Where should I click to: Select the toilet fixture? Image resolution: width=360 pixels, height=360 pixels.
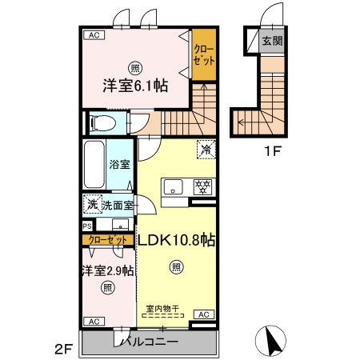click(x=102, y=122)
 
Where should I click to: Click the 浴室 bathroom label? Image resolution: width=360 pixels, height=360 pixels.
click(x=120, y=167)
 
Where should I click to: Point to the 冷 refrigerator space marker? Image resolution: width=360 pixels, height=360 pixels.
click(x=204, y=148)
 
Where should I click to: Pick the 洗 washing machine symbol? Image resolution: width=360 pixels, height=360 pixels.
click(x=93, y=206)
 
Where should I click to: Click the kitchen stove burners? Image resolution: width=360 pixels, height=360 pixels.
click(x=203, y=187)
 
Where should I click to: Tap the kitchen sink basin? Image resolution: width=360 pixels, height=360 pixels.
click(x=173, y=187)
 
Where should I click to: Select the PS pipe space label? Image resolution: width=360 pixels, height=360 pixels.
click(x=86, y=226)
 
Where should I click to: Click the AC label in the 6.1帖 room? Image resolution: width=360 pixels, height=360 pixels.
click(x=94, y=35)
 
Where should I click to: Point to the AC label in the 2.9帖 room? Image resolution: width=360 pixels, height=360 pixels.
click(x=94, y=322)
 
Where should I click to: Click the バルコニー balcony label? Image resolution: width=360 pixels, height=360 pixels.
click(x=150, y=342)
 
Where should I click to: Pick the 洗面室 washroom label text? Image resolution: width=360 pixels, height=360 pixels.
click(x=117, y=206)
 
